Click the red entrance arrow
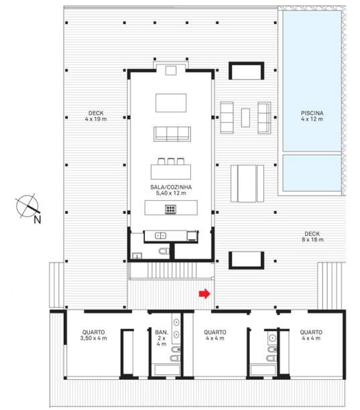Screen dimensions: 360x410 click(204, 293)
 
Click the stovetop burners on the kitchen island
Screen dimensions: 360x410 click(170, 209)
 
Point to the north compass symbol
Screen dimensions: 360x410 click(27, 206)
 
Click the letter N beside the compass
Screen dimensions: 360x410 click(37, 220)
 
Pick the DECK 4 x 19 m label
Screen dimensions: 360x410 click(96, 116)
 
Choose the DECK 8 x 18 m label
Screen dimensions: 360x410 click(312, 236)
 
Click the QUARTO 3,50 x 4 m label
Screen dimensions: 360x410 click(93, 335)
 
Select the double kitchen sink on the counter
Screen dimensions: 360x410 click(161, 236)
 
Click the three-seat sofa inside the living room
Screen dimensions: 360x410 click(172, 134)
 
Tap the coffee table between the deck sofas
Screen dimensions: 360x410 click(245, 118)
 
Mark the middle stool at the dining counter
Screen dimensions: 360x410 click(171, 161)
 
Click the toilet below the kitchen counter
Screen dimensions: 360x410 click(164, 251)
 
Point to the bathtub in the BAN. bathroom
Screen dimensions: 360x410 click(168, 370)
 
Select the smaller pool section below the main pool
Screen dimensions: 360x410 click(312, 173)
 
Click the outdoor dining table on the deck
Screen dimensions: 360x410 click(247, 184)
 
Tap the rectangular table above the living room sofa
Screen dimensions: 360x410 click(171, 103)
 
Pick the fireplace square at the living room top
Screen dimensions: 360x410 click(171, 70)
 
